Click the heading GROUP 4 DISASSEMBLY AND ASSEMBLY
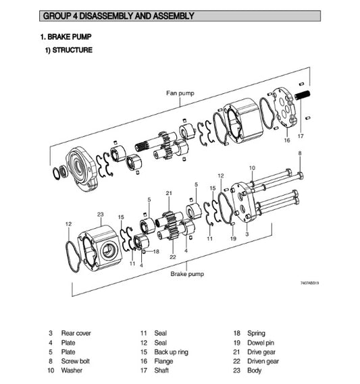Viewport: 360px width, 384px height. coord(118,16)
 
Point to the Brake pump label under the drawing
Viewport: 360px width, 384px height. coord(187,274)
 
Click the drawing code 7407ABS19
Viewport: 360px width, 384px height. coord(309,283)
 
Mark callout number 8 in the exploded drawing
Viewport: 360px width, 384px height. coord(300,155)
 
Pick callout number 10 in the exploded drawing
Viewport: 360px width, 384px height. coord(252,167)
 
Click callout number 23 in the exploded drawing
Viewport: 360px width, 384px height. coord(100,214)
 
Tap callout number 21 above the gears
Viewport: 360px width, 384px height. coord(169,194)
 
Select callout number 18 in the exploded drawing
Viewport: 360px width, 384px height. coord(155,252)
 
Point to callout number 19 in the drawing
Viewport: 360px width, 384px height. coord(232,238)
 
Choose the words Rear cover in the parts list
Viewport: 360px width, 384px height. coord(76,333)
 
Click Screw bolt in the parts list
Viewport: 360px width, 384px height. coord(76,361)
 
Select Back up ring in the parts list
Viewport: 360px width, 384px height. coord(172,352)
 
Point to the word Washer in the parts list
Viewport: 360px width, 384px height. coord(72,371)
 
